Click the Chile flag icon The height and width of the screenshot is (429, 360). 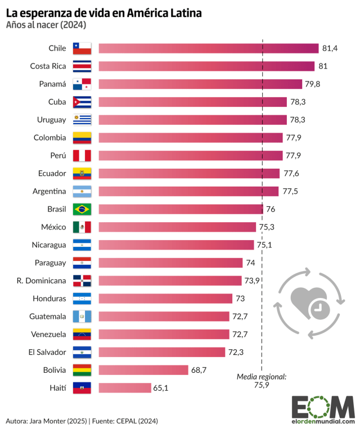point(82,48)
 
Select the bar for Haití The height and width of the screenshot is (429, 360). point(125,388)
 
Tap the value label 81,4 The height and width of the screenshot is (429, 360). point(330,48)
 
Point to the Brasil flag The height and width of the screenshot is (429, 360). point(82,209)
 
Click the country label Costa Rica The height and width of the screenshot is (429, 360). point(48,66)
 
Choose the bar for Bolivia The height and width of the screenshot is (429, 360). point(143,370)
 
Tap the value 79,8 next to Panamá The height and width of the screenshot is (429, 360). point(314,84)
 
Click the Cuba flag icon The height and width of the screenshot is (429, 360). point(82,102)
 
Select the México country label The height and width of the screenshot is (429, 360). point(55,227)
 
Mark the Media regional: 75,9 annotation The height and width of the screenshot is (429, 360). point(262,381)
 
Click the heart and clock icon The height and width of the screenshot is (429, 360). point(308,304)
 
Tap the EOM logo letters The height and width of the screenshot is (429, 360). point(322,406)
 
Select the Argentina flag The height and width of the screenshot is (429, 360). point(82,191)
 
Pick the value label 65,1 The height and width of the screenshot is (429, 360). point(163,388)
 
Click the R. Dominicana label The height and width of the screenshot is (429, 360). point(42,281)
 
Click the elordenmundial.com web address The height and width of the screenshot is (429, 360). point(323,421)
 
